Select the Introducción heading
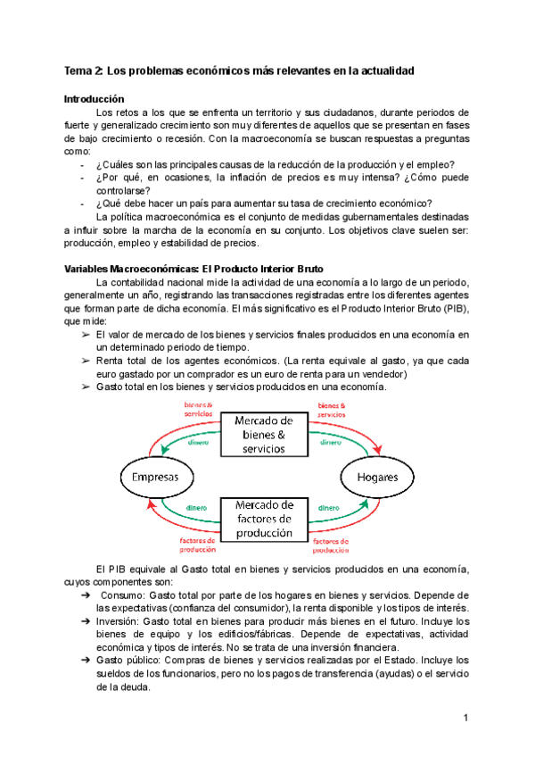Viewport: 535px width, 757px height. click(x=95, y=99)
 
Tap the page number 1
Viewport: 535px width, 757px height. click(x=465, y=719)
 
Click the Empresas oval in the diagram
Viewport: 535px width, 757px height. click(x=156, y=477)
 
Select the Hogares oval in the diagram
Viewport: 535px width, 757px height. click(x=377, y=477)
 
